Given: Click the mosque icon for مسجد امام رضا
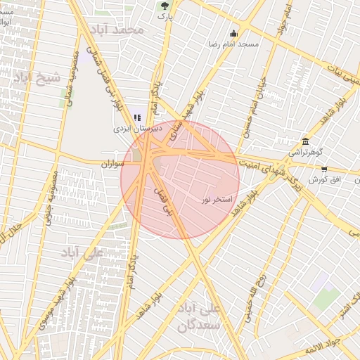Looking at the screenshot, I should (x=233, y=33).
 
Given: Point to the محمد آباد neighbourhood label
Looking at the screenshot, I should (x=122, y=30).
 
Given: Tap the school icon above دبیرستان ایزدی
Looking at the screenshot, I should (x=137, y=117).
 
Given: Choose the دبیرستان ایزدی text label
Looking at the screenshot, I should (x=139, y=129).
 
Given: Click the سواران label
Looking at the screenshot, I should (x=112, y=165).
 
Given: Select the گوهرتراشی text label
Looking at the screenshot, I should (x=305, y=153).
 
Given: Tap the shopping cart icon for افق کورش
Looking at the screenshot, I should (x=324, y=169).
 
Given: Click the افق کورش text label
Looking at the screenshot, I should (x=325, y=181).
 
